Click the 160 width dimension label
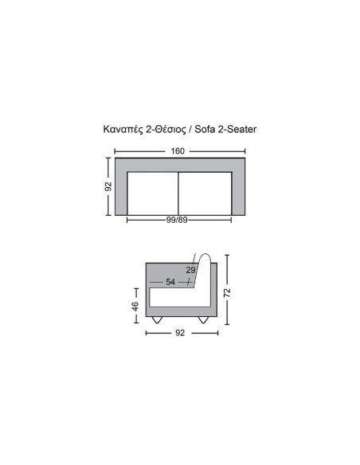click(x=178, y=151)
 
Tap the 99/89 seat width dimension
click(x=177, y=220)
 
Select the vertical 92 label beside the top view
click(x=108, y=186)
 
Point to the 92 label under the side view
click(x=180, y=333)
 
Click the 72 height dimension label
click(x=227, y=293)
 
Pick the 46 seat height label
click(x=135, y=307)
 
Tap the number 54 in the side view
click(x=170, y=282)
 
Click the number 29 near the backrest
click(x=190, y=270)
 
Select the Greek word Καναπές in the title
click(x=123, y=130)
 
